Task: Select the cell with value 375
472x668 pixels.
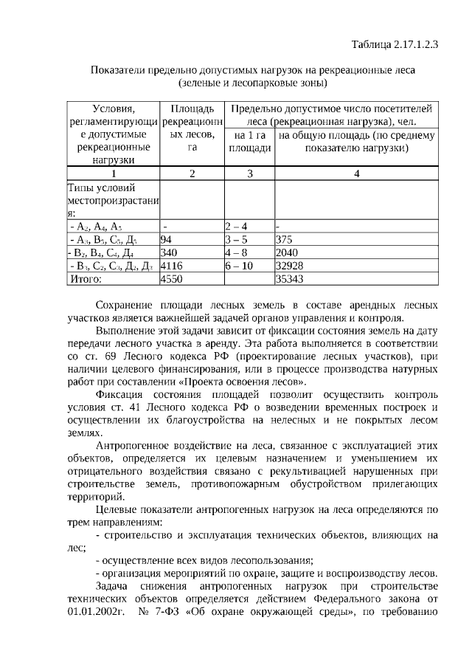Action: [284, 239]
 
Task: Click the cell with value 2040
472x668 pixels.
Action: [286, 252]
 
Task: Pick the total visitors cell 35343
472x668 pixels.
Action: [288, 279]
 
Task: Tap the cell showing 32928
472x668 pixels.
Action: [288, 266]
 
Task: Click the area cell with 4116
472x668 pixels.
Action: [171, 266]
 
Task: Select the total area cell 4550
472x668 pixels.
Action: [171, 279]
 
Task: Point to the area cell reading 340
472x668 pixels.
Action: [168, 252]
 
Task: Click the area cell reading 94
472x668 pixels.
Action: [166, 239]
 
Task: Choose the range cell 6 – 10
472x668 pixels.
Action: [239, 266]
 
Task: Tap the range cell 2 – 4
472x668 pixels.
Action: [236, 226]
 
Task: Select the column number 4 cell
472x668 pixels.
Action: [356, 173]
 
